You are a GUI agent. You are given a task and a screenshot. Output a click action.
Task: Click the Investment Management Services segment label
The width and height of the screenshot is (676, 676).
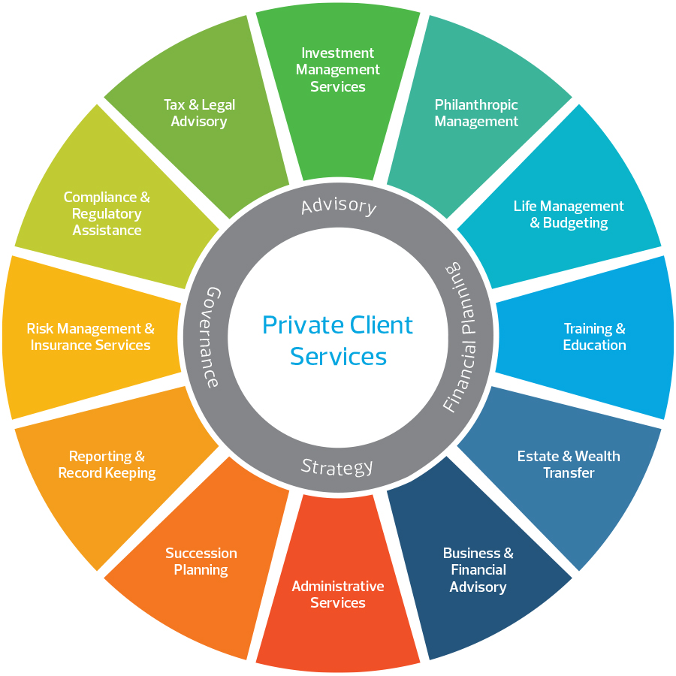click(338, 70)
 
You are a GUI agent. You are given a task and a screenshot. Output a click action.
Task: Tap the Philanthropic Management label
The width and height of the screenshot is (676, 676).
click(476, 113)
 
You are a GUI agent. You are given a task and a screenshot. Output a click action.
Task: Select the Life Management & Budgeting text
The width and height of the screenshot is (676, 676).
click(569, 214)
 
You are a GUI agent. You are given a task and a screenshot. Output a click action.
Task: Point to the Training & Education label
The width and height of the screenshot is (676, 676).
click(594, 336)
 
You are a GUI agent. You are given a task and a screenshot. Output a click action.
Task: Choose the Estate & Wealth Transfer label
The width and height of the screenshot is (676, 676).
click(569, 464)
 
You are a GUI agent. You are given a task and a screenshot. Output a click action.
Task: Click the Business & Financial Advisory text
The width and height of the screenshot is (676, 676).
click(478, 569)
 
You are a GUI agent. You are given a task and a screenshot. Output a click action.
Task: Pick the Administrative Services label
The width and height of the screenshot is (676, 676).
click(338, 594)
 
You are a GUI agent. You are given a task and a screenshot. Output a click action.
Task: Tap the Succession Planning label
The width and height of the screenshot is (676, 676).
click(201, 561)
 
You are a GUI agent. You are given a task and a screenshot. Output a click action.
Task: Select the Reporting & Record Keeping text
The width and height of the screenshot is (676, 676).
click(107, 464)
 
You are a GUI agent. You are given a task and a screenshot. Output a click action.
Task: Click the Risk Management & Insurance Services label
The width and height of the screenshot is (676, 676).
click(90, 336)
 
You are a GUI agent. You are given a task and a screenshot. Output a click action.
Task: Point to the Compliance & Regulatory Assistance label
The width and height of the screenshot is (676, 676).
click(107, 213)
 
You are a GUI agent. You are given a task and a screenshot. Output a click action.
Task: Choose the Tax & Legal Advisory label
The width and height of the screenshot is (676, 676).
click(199, 113)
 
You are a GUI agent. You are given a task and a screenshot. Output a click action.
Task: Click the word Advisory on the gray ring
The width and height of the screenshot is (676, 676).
click(338, 205)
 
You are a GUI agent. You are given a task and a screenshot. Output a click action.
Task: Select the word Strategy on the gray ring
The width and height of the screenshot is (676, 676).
click(337, 467)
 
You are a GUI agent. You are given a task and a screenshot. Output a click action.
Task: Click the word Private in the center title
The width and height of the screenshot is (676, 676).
click(297, 325)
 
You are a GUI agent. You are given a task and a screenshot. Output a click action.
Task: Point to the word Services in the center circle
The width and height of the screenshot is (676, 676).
click(338, 355)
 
